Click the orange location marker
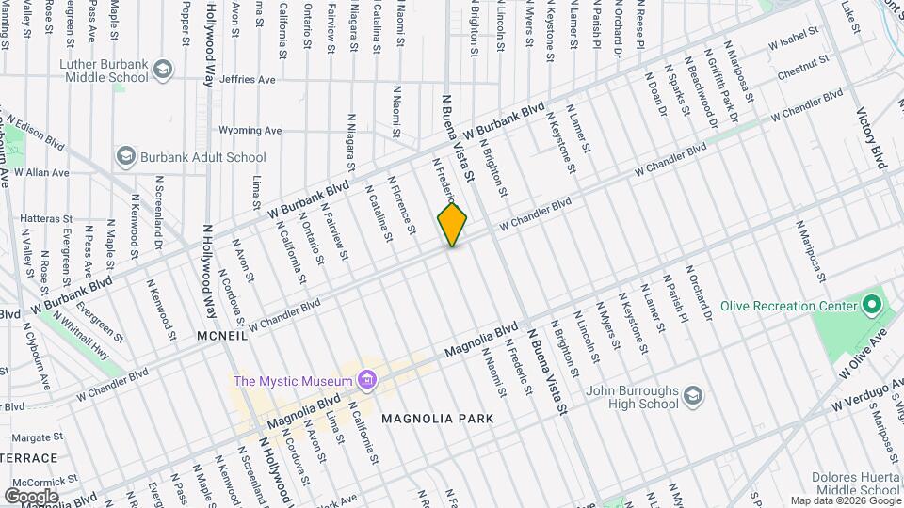(452, 225)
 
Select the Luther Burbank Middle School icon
(164, 69)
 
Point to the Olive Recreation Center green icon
(871, 305)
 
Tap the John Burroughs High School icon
(693, 394)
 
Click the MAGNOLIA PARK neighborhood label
(437, 418)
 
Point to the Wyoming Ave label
(250, 131)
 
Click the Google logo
(31, 496)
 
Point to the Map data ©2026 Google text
(845, 500)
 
